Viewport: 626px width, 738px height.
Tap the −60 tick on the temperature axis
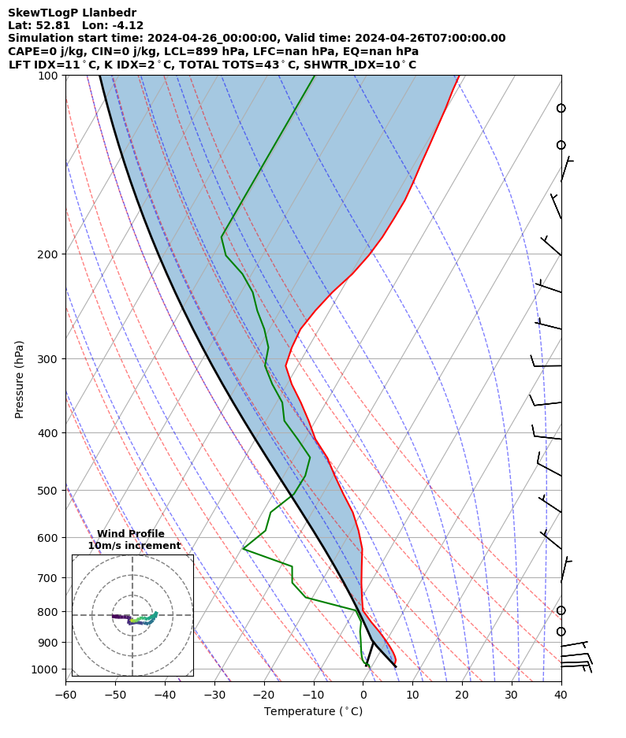(x=65, y=681)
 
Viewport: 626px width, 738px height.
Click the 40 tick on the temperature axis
(x=561, y=681)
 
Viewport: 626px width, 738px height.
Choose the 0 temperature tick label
(x=363, y=695)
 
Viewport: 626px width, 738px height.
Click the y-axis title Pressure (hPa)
(x=20, y=379)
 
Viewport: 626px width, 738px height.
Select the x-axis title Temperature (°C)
(x=313, y=712)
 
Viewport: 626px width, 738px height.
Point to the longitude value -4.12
(x=126, y=25)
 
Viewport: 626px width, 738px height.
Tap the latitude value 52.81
(x=54, y=25)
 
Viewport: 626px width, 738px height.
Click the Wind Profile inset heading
(x=131, y=534)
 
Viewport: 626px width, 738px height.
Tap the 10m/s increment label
(x=134, y=546)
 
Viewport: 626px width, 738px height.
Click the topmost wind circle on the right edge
(x=561, y=108)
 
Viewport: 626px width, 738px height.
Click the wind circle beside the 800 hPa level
(x=561, y=610)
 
